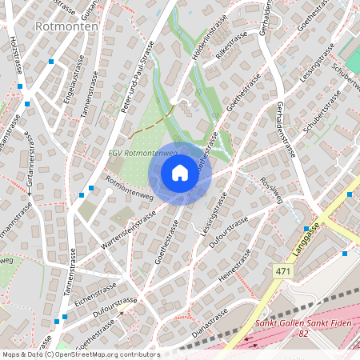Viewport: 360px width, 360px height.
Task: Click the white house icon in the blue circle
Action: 180,173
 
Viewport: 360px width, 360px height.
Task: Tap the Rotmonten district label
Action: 66,26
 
